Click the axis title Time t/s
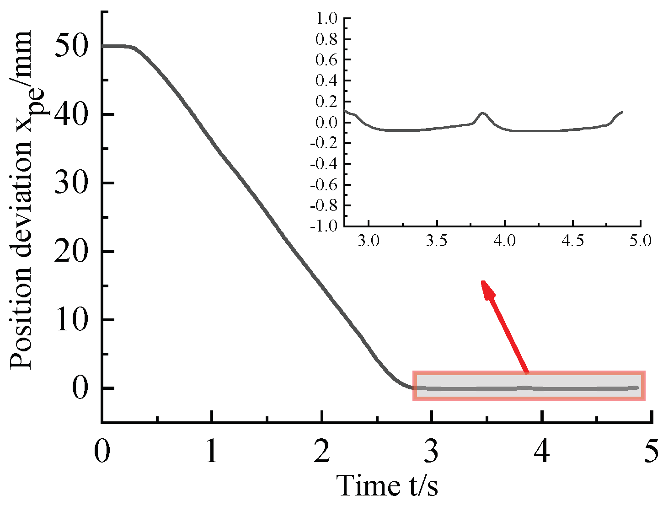pos(387,485)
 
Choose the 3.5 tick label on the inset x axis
pos(437,241)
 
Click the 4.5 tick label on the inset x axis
pos(572,241)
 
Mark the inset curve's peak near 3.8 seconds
pos(482,113)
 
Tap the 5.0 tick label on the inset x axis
pos(640,241)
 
